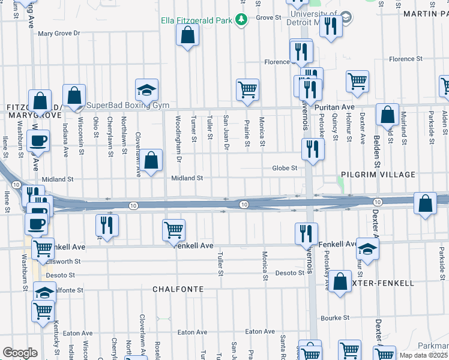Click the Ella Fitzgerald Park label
pyautogui.click(x=196, y=20)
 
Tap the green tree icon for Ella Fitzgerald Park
pyautogui.click(x=241, y=20)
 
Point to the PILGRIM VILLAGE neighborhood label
pyautogui.click(x=378, y=175)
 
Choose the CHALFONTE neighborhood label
pyautogui.click(x=178, y=289)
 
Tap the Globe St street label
pyautogui.click(x=285, y=169)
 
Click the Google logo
pyautogui.click(x=20, y=353)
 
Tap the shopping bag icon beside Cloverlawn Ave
pyautogui.click(x=152, y=160)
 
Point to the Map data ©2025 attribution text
pyautogui.click(x=423, y=355)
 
